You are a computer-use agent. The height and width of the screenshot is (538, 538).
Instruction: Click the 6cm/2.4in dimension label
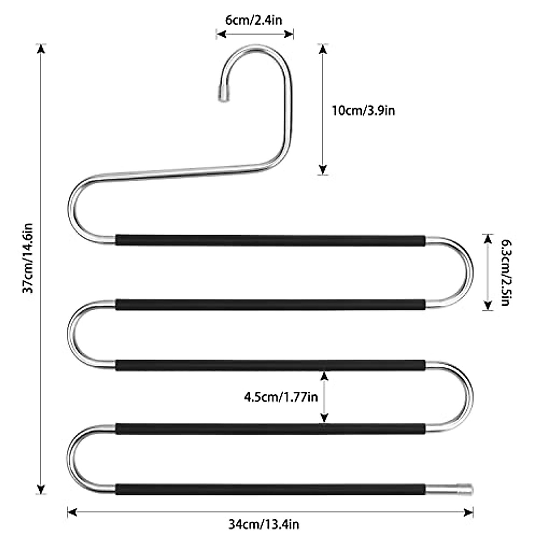coord(254,20)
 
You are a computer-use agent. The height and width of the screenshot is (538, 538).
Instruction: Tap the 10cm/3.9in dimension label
coord(363,111)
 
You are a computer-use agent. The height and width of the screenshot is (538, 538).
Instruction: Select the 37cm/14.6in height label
coord(28,258)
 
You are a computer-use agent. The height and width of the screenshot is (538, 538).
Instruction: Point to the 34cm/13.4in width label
coord(264,524)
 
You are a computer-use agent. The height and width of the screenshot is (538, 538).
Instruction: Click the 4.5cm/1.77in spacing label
coord(281,397)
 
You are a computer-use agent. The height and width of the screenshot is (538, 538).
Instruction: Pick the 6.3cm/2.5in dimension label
coord(506,273)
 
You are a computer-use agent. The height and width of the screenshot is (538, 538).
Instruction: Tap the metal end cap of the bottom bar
coord(465,497)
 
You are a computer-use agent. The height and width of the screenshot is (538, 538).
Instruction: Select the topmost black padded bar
coord(270,240)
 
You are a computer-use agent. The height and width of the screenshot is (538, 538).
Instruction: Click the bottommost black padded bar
coord(270,497)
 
